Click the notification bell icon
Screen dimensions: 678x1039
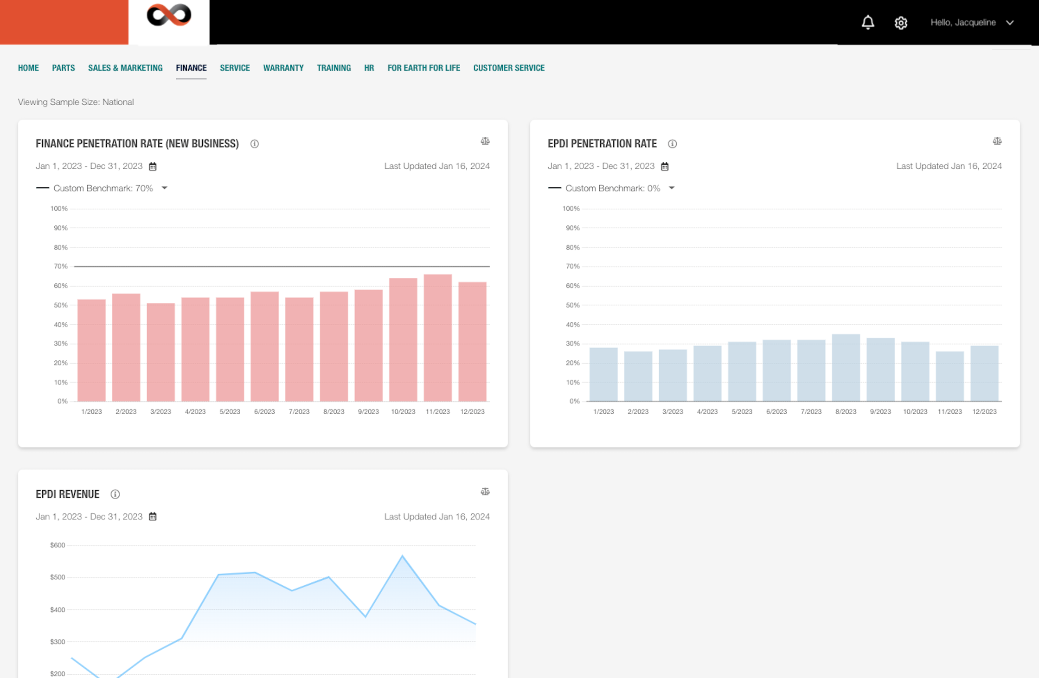(x=868, y=22)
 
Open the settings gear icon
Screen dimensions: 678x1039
(x=901, y=23)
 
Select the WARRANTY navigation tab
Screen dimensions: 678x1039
(x=283, y=68)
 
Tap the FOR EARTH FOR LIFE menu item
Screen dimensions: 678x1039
(x=423, y=68)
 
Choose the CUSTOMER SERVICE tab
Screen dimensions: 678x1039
(x=509, y=68)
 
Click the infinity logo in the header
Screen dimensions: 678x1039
(x=169, y=15)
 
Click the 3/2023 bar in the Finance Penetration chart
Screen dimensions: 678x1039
(x=160, y=352)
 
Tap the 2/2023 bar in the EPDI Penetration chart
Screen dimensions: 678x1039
(x=638, y=376)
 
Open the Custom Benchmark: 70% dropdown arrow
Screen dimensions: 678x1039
(x=164, y=188)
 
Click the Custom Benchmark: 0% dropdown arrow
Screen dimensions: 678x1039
(x=672, y=188)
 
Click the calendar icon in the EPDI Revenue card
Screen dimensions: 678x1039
(x=153, y=517)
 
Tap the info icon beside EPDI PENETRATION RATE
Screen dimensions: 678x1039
(x=672, y=144)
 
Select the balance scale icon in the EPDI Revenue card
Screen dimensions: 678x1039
(x=485, y=492)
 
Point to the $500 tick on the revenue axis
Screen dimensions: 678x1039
(x=58, y=577)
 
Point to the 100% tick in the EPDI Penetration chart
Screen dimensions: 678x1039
(x=571, y=209)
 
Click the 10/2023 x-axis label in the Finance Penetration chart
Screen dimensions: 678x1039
(x=403, y=412)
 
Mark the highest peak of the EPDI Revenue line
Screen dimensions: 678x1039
(x=402, y=556)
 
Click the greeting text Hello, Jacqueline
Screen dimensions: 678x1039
(x=963, y=22)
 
